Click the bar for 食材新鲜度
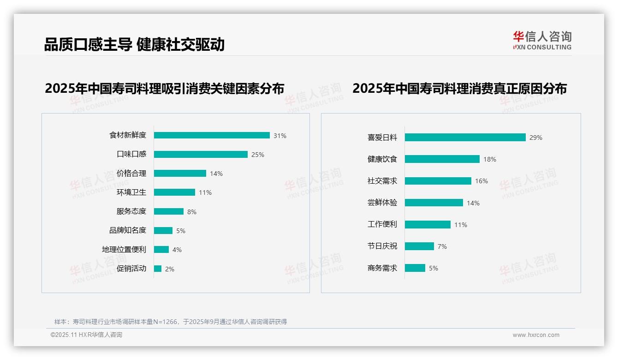point(212,135)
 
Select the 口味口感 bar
point(201,154)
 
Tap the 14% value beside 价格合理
point(216,174)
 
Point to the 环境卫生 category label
point(131,192)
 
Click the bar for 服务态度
point(169,211)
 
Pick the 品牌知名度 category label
point(128,230)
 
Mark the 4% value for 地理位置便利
point(177,250)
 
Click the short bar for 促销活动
point(158,269)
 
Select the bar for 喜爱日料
point(465,137)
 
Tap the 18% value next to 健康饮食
point(490,159)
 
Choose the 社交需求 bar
point(438,181)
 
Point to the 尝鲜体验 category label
point(382,203)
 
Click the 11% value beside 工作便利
point(461,225)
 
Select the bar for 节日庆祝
point(419,246)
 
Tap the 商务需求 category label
point(382,268)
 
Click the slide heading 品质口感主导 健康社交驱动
point(134,44)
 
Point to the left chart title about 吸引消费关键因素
point(164,88)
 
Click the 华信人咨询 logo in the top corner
point(542,41)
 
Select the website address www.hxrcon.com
point(536,335)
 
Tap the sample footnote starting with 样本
point(171,322)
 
